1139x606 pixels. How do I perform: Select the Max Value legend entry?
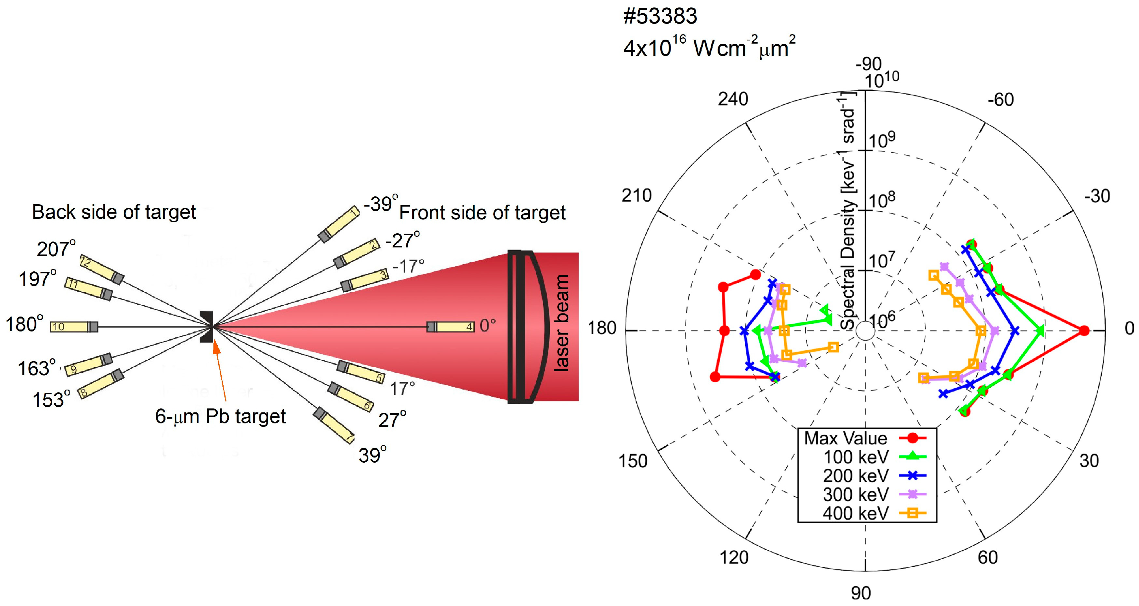pyautogui.click(x=864, y=438)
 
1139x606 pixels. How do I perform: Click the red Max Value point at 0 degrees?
pyautogui.click(x=1084, y=330)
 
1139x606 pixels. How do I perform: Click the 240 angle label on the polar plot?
pyautogui.click(x=733, y=99)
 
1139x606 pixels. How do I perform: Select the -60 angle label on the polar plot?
pyautogui.click(x=1001, y=100)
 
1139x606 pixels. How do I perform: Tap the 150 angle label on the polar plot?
pyautogui.click(x=633, y=461)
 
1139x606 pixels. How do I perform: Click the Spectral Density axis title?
pyautogui.click(x=848, y=212)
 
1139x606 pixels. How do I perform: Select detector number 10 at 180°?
pyautogui.click(x=73, y=327)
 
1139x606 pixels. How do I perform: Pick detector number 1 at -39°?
pyautogui.click(x=339, y=224)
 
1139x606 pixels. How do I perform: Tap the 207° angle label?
pyautogui.click(x=56, y=249)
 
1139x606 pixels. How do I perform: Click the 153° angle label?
pyautogui.click(x=51, y=400)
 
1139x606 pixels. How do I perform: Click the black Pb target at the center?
pyautogui.click(x=206, y=327)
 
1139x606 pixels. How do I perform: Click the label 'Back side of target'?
pyautogui.click(x=114, y=212)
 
